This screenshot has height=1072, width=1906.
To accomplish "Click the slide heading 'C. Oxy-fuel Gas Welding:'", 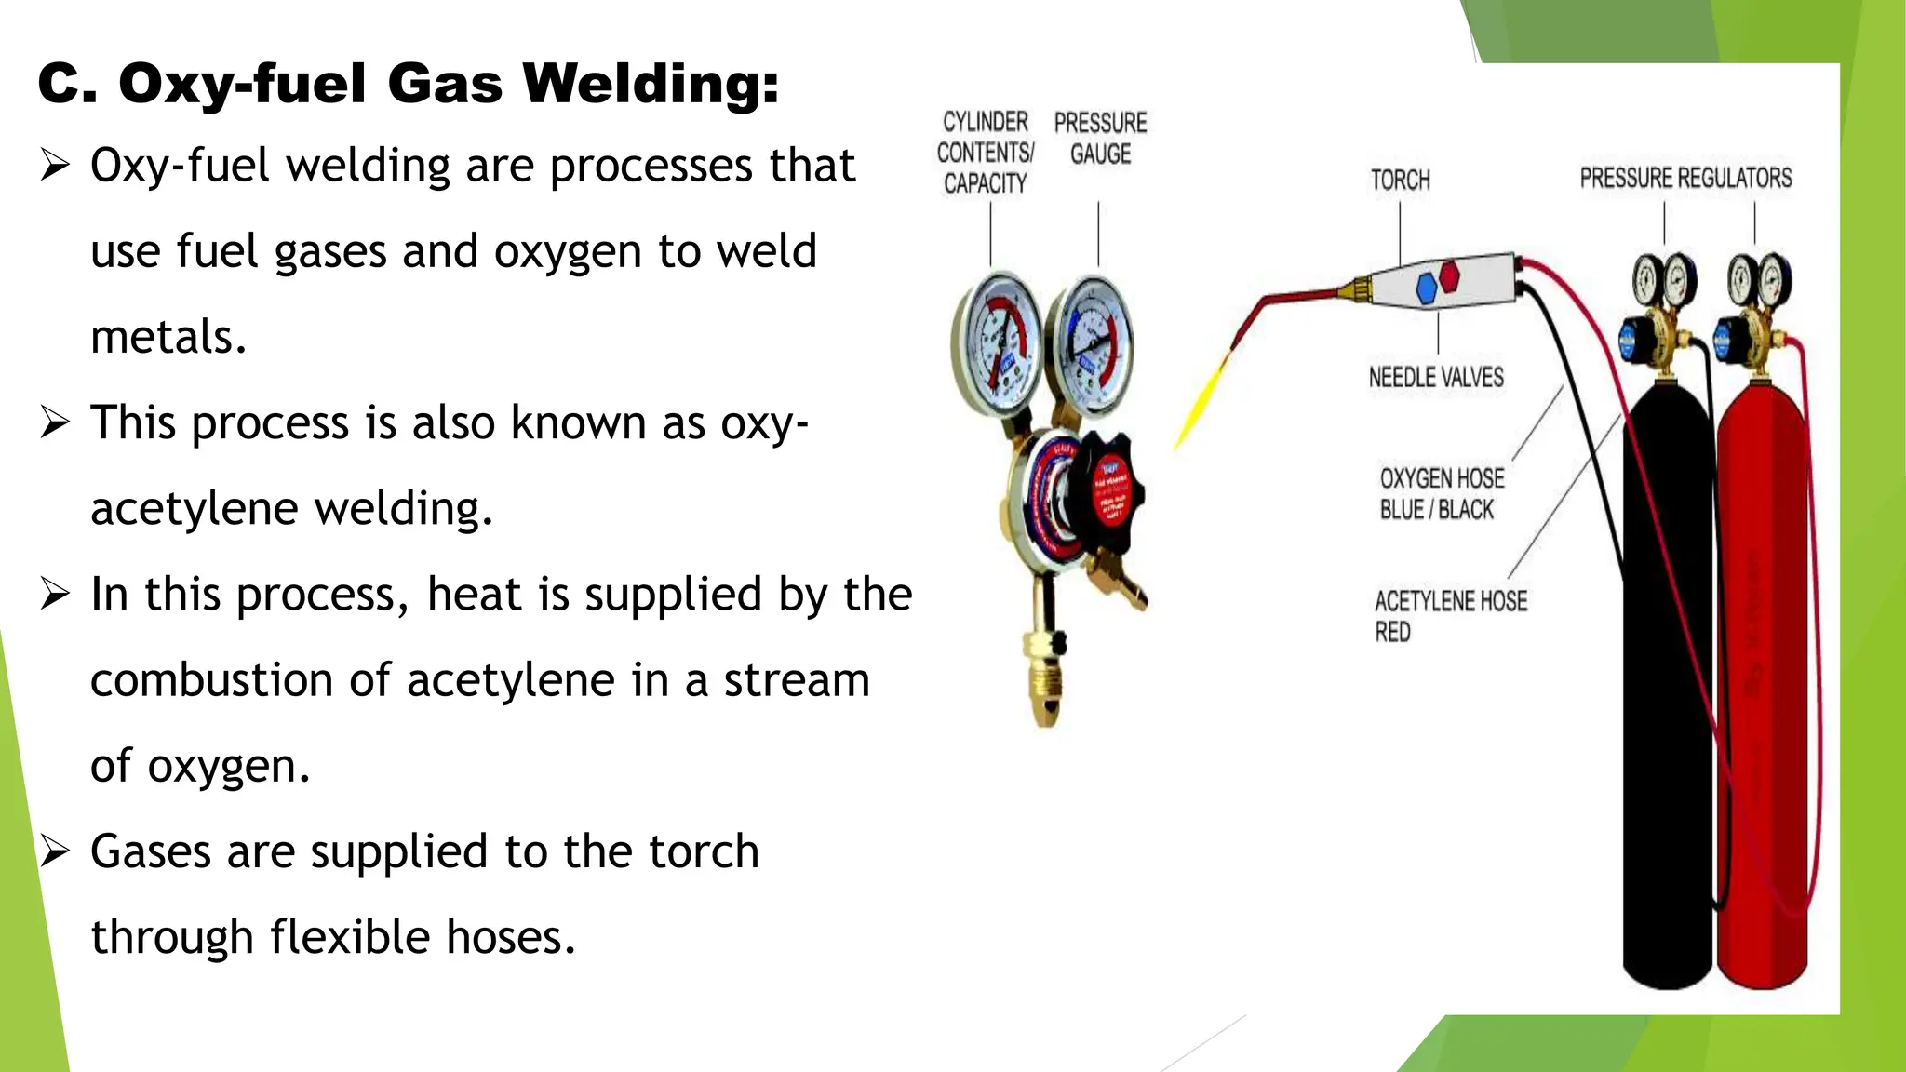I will pyautogui.click(x=408, y=84).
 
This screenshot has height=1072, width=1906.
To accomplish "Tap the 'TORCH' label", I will pyautogui.click(x=1400, y=180).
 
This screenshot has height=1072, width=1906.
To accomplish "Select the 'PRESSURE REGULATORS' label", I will pyautogui.click(x=1685, y=178).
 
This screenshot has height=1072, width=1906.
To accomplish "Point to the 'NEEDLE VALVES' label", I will pyautogui.click(x=1436, y=377).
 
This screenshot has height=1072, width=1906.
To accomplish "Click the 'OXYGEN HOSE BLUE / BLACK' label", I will pyautogui.click(x=1442, y=494).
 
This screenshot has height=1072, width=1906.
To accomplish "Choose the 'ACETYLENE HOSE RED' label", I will pyautogui.click(x=1450, y=616).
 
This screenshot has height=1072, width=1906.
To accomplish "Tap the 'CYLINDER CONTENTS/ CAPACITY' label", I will pyautogui.click(x=985, y=153).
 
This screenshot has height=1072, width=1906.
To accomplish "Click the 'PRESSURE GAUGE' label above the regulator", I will pyautogui.click(x=1100, y=139).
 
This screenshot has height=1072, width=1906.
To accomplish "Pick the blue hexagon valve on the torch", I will pyautogui.click(x=1427, y=288).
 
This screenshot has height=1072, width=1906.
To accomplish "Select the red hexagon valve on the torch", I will pyautogui.click(x=1450, y=275).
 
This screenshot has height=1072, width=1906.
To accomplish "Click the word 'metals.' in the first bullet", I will pyautogui.click(x=168, y=337).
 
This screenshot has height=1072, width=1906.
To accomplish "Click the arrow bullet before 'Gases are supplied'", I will pyautogui.click(x=55, y=851).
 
